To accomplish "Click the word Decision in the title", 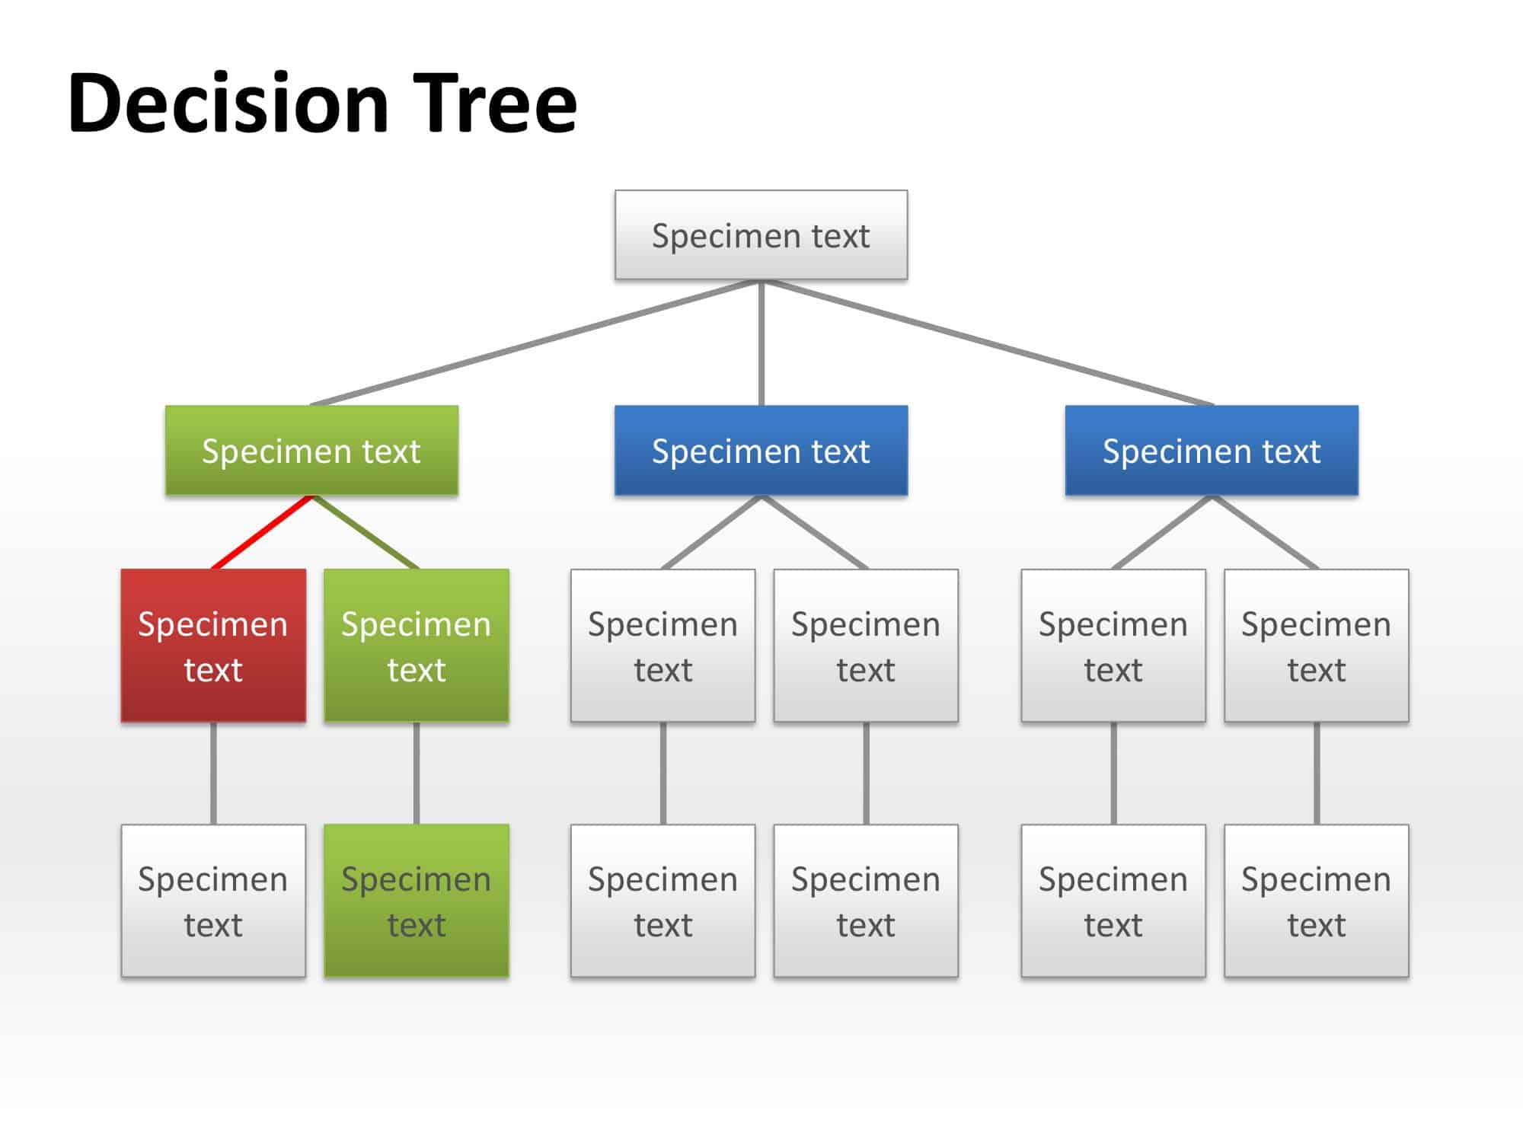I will coord(228,103).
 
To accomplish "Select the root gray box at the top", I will coord(761,235).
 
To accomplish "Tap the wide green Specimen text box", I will coord(311,451).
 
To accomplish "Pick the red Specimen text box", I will coord(213,646).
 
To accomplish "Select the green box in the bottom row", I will coord(417,901).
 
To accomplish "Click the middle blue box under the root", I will coord(761,451).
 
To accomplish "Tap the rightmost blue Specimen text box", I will coord(1212,451).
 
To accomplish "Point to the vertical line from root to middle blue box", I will coord(761,343).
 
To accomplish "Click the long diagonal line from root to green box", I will coord(533,343).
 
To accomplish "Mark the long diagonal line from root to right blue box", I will coord(990,343).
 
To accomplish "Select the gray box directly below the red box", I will coord(213,901).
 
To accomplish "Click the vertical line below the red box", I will coord(213,773).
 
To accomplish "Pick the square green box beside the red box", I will coord(417,646).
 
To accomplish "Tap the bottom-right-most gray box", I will coord(1317,901).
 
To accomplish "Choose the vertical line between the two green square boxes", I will coord(417,773).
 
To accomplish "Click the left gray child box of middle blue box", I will coord(663,646).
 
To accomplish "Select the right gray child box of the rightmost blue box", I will coord(1317,646).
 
